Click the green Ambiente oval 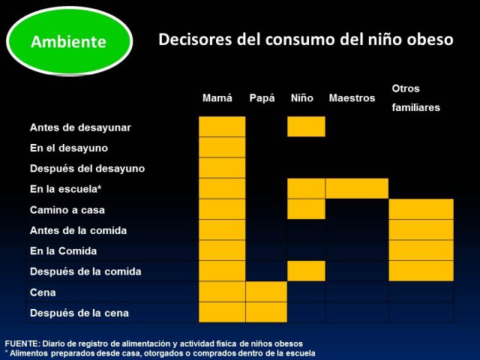[70, 41]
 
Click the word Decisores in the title [195, 40]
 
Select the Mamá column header [217, 98]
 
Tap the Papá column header [262, 98]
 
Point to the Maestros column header [352, 98]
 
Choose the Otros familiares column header [415, 98]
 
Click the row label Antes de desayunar [80, 127]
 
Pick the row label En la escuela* [65, 189]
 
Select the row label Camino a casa [67, 210]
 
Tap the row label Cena [43, 292]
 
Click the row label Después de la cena [79, 313]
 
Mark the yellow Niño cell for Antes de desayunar [306, 127]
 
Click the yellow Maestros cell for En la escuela [357, 188]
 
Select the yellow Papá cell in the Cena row [266, 292]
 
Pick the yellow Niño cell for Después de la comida [306, 271]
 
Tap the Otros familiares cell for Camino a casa [421, 209]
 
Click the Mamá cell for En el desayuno [222, 147]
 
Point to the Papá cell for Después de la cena [266, 312]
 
